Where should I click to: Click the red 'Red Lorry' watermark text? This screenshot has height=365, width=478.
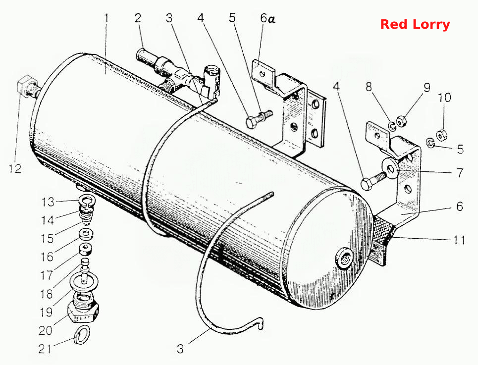click(415, 24)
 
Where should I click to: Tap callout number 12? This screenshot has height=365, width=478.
click(15, 168)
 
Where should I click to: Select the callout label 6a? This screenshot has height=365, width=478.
click(267, 19)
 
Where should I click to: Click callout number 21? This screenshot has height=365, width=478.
click(45, 349)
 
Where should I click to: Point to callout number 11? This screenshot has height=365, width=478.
click(459, 240)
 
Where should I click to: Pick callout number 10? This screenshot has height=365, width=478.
click(444, 98)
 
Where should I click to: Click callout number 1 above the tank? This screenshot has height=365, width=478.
click(106, 18)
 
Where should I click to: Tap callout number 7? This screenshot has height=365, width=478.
click(460, 173)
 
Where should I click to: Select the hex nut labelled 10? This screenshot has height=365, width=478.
click(440, 135)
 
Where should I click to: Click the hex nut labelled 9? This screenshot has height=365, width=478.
click(401, 121)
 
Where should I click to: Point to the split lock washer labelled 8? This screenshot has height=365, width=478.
click(391, 125)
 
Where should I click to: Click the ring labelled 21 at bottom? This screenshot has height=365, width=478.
click(82, 335)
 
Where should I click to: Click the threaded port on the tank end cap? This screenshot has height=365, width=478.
click(344, 259)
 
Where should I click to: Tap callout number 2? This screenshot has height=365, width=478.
click(138, 18)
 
